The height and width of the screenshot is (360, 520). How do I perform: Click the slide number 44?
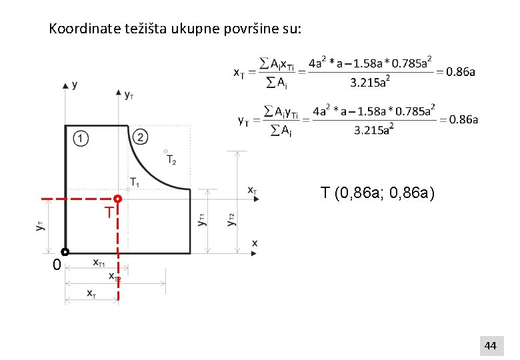[490, 345]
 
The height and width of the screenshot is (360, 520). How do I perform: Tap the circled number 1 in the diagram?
[79, 138]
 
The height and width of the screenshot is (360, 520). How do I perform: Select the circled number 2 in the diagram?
[140, 137]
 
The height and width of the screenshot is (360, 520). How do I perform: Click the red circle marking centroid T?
[117, 199]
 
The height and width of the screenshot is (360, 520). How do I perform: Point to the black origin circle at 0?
[65, 252]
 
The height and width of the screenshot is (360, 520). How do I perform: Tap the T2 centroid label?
[171, 160]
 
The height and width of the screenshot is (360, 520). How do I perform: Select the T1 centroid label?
[135, 182]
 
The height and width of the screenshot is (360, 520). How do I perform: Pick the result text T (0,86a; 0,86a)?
[377, 193]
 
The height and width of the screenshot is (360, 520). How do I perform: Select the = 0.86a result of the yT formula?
[458, 119]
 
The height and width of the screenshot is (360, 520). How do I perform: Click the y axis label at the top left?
[74, 85]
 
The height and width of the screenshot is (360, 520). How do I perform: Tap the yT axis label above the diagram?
[129, 95]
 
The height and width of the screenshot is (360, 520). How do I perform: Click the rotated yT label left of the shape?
[41, 227]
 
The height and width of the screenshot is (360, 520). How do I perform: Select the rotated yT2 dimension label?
[231, 219]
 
